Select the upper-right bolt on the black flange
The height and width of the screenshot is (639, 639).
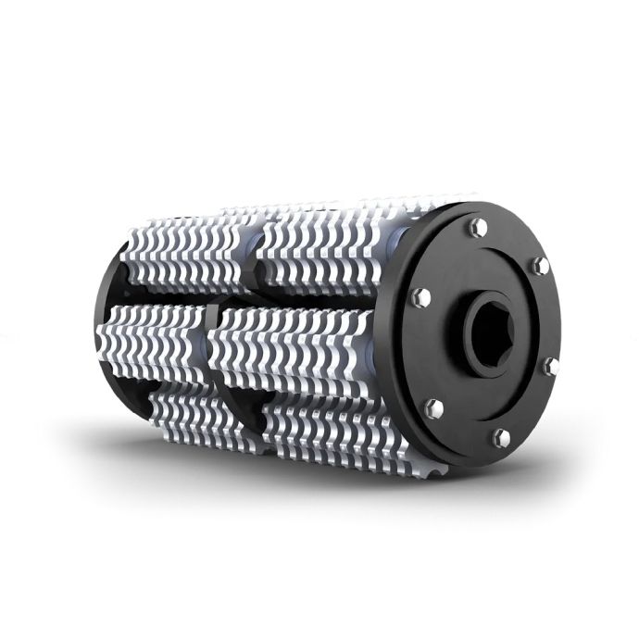537,268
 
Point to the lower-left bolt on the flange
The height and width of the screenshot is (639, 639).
431,405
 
